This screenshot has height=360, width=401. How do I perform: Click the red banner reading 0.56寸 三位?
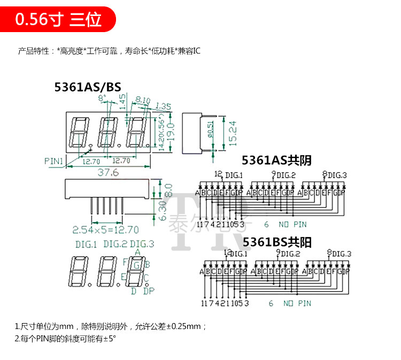click(58, 20)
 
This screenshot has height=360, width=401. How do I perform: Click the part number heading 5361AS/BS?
click(88, 87)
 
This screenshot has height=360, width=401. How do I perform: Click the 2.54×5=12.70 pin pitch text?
click(105, 230)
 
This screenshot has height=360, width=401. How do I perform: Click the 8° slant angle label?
click(103, 97)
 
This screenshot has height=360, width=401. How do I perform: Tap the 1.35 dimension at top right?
click(163, 106)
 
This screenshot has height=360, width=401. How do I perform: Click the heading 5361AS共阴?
click(276, 160)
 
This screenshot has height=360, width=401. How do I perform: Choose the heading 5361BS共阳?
click(276, 242)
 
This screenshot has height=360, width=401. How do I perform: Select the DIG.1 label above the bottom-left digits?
click(86, 244)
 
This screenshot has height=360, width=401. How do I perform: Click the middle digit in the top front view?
click(108, 131)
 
